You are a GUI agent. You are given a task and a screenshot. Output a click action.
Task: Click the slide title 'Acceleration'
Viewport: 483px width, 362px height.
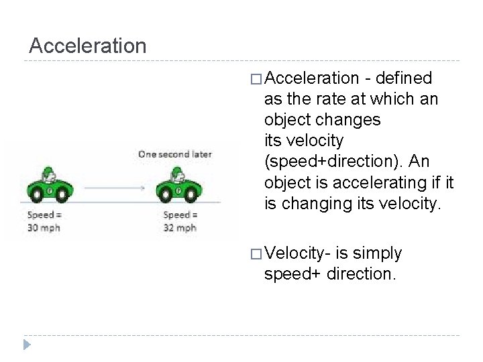(x=88, y=46)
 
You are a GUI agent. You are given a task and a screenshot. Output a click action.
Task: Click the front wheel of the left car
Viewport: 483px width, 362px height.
(x=62, y=196)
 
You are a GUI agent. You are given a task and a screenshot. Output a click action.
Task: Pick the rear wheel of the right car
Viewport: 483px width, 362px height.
(x=164, y=196)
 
